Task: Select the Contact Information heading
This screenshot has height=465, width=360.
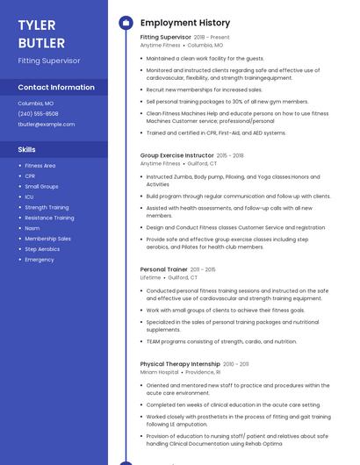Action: pyautogui.click(x=56, y=87)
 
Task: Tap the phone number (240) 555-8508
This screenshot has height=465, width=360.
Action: pyautogui.click(x=39, y=113)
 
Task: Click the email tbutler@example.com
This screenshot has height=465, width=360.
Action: pyautogui.click(x=47, y=124)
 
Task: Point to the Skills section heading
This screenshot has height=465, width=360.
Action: pyautogui.click(x=27, y=149)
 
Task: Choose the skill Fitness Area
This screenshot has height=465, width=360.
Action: pyautogui.click(x=40, y=166)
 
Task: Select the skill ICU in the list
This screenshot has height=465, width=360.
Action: pyautogui.click(x=29, y=197)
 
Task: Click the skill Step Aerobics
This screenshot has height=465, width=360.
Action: pyautogui.click(x=42, y=249)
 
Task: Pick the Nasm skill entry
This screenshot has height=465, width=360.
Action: pyautogui.click(x=32, y=228)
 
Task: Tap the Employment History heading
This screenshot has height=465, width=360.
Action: pyautogui.click(x=185, y=23)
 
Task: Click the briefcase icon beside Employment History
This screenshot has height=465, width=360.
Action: pyautogui.click(x=125, y=23)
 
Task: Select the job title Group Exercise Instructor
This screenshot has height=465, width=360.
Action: pyautogui.click(x=176, y=155)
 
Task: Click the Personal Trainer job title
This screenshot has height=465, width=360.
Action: pyautogui.click(x=164, y=269)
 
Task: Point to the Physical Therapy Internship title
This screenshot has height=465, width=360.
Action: pyautogui.click(x=180, y=363)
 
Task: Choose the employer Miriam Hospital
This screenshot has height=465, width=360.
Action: pyautogui.click(x=159, y=372)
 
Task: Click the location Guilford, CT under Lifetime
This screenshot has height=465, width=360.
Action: pyautogui.click(x=183, y=277)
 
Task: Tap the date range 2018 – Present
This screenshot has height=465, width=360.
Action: pyautogui.click(x=212, y=38)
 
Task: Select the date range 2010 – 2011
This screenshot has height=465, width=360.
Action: pyautogui.click(x=235, y=363)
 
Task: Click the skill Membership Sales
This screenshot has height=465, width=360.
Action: pyautogui.click(x=48, y=239)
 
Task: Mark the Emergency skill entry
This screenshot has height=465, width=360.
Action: pyautogui.click(x=40, y=260)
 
